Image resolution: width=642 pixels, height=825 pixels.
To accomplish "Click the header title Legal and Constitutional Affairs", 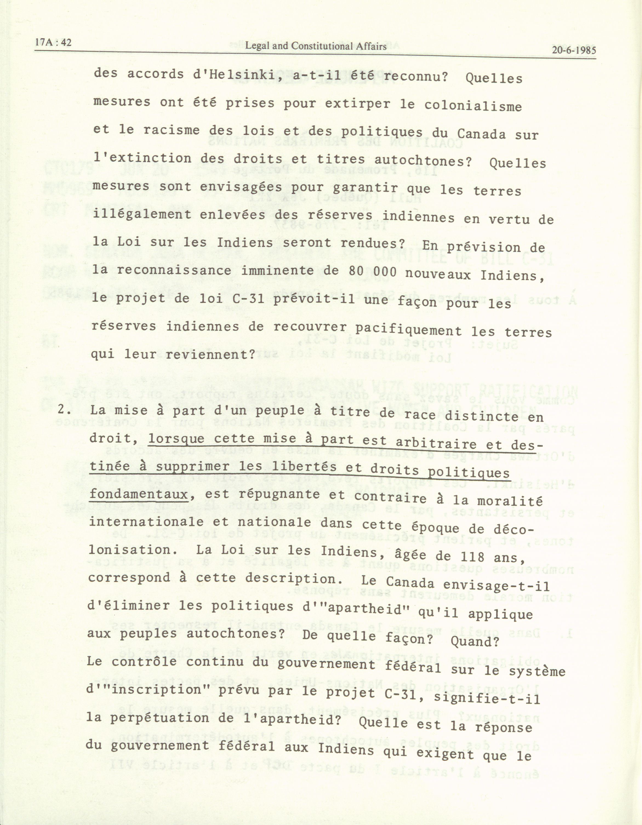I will [x=316, y=47].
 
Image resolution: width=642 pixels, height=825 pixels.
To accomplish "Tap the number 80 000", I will [x=371, y=272].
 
